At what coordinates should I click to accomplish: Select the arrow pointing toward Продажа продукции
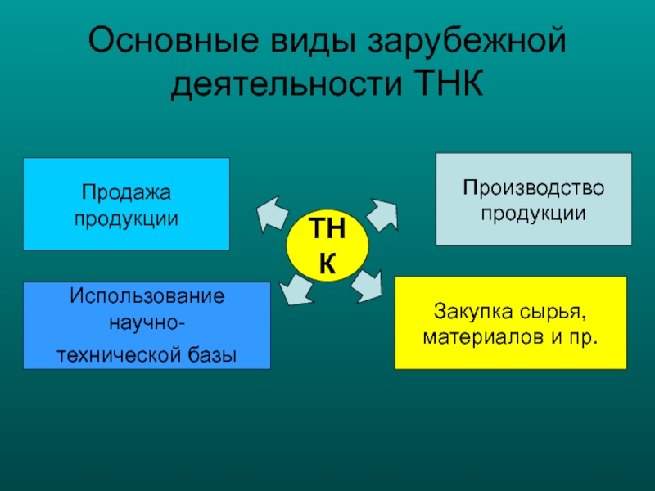(271, 212)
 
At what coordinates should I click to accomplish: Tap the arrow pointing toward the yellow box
(370, 284)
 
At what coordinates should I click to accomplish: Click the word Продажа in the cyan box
(126, 193)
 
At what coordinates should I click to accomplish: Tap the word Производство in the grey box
(533, 188)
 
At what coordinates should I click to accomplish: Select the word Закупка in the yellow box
(463, 312)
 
